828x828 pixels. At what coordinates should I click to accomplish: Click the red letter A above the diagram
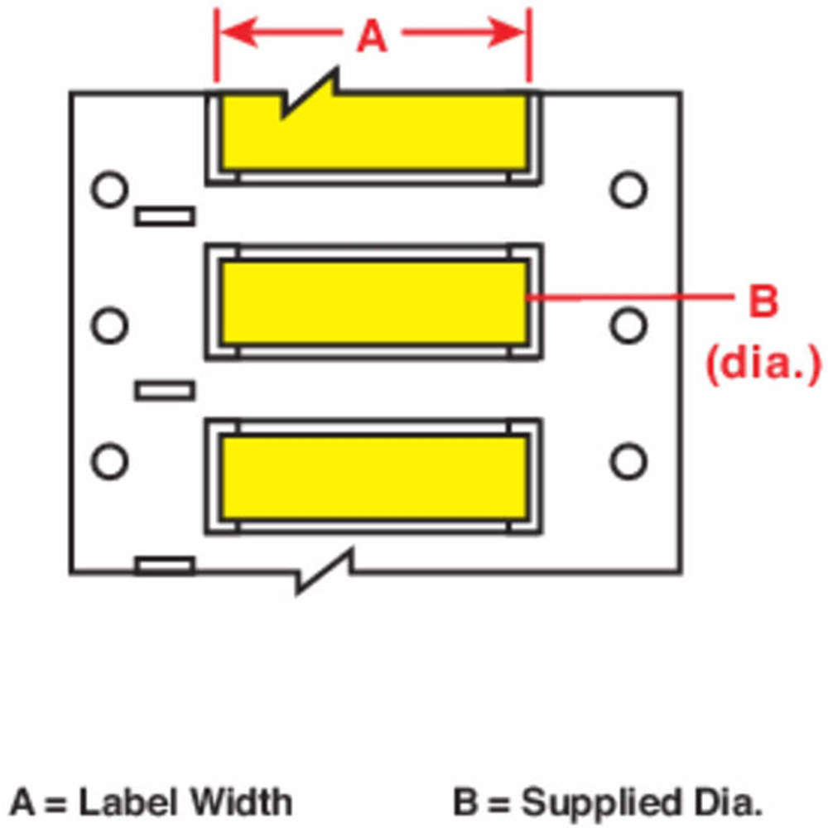pyautogui.click(x=372, y=36)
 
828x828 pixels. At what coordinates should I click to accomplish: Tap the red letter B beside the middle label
pyautogui.click(x=763, y=301)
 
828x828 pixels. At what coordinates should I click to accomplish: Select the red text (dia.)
pyautogui.click(x=763, y=361)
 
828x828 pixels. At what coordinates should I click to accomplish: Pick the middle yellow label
pyautogui.click(x=373, y=302)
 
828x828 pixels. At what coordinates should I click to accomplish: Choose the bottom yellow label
pyautogui.click(x=373, y=478)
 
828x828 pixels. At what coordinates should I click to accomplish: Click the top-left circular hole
pyautogui.click(x=108, y=190)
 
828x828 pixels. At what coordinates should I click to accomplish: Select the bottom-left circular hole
pyautogui.click(x=108, y=460)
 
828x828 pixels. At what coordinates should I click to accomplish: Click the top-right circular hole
pyautogui.click(x=628, y=190)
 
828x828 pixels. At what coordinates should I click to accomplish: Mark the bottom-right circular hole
pyautogui.click(x=628, y=460)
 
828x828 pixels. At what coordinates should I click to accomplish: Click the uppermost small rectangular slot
pyautogui.click(x=165, y=217)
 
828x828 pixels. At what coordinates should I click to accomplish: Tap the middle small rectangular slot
pyautogui.click(x=165, y=389)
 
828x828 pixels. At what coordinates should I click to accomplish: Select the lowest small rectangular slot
pyautogui.click(x=165, y=566)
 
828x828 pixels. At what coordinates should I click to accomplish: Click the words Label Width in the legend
pyautogui.click(x=185, y=802)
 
